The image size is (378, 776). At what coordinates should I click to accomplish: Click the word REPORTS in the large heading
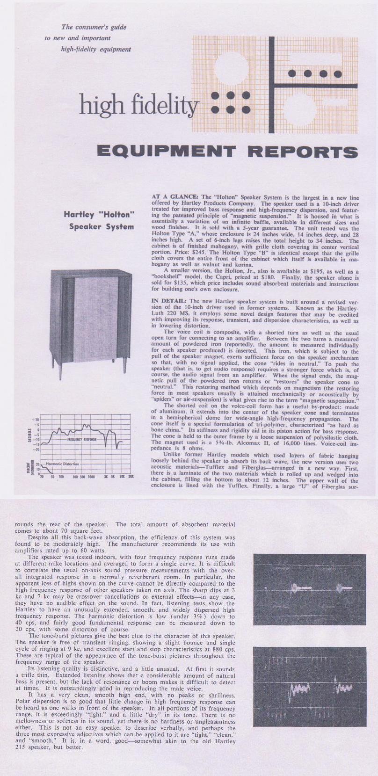302,152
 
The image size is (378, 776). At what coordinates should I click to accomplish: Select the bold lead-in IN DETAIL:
170,301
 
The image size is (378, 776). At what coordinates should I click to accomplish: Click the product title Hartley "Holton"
99,215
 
